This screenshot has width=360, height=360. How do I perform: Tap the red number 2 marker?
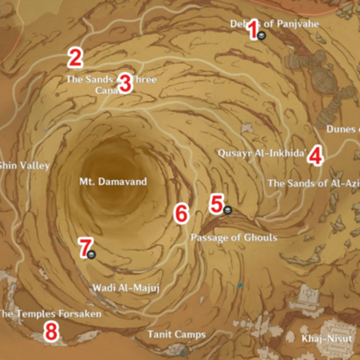coord(75,57)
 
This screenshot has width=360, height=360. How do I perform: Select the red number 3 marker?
coord(124,82)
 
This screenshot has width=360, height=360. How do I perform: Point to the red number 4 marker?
coord(315,157)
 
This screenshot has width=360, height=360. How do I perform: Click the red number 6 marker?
coord(182,214)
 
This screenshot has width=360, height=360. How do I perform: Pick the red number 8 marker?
coord(51,331)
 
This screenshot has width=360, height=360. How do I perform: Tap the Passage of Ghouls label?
coord(233,237)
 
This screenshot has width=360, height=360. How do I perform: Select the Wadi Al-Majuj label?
coord(120,287)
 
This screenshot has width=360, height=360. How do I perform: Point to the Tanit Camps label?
coord(177,335)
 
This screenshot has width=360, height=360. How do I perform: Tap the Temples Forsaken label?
coord(51,313)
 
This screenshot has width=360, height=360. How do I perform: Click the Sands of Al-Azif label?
coord(313,183)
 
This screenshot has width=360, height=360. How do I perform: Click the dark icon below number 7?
coord(92,254)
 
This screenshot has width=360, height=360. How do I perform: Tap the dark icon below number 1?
coord(259,38)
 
